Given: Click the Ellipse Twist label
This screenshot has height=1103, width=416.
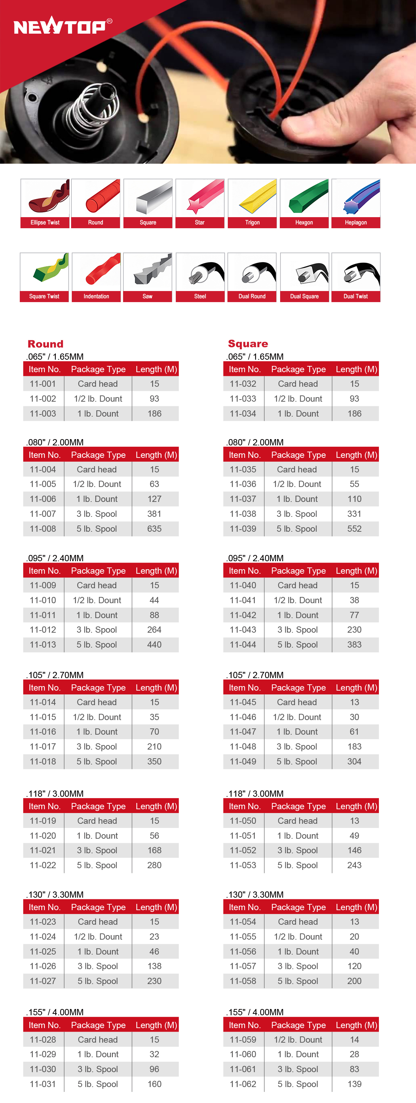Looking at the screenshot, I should click(45, 223).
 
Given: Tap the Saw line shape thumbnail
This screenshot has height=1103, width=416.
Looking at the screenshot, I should click(148, 272).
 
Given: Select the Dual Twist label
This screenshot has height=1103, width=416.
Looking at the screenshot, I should click(356, 296).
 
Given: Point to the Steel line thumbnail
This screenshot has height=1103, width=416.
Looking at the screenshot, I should click(200, 272).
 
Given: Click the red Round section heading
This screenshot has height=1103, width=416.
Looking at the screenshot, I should click(45, 344).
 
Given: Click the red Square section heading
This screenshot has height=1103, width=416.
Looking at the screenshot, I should click(248, 343).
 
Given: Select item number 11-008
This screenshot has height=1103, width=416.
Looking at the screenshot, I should click(43, 529).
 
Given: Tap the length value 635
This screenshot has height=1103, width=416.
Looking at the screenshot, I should click(155, 529).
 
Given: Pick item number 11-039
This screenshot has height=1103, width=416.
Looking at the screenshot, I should click(243, 529).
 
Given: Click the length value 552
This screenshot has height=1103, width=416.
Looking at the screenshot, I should click(354, 529).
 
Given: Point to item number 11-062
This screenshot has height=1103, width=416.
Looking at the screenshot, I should click(243, 1084).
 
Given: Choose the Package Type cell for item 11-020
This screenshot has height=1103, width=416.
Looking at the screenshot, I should click(97, 835).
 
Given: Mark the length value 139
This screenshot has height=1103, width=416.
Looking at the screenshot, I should click(354, 1084).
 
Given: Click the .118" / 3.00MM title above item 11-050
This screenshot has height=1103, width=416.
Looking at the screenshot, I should click(255, 793).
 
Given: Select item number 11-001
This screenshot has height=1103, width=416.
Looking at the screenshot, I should click(43, 384).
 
